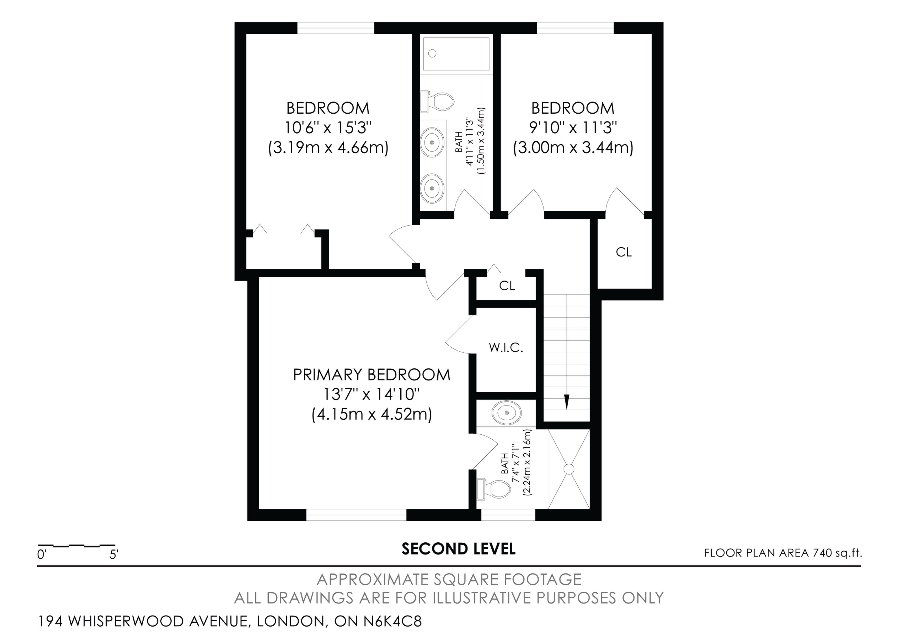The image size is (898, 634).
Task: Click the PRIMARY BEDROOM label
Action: (372, 375)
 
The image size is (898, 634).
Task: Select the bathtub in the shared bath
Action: (456, 54)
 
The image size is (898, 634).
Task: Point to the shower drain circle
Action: (569, 469)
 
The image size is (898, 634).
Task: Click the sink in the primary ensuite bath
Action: (507, 413)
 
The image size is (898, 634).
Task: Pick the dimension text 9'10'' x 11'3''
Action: (573, 128)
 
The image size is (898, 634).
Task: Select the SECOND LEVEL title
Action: (458, 549)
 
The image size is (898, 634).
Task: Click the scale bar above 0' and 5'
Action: (76, 545)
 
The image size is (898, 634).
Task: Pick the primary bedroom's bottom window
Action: (356, 515)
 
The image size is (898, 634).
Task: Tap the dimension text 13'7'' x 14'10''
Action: (372, 394)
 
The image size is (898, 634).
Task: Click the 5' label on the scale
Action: (113, 554)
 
